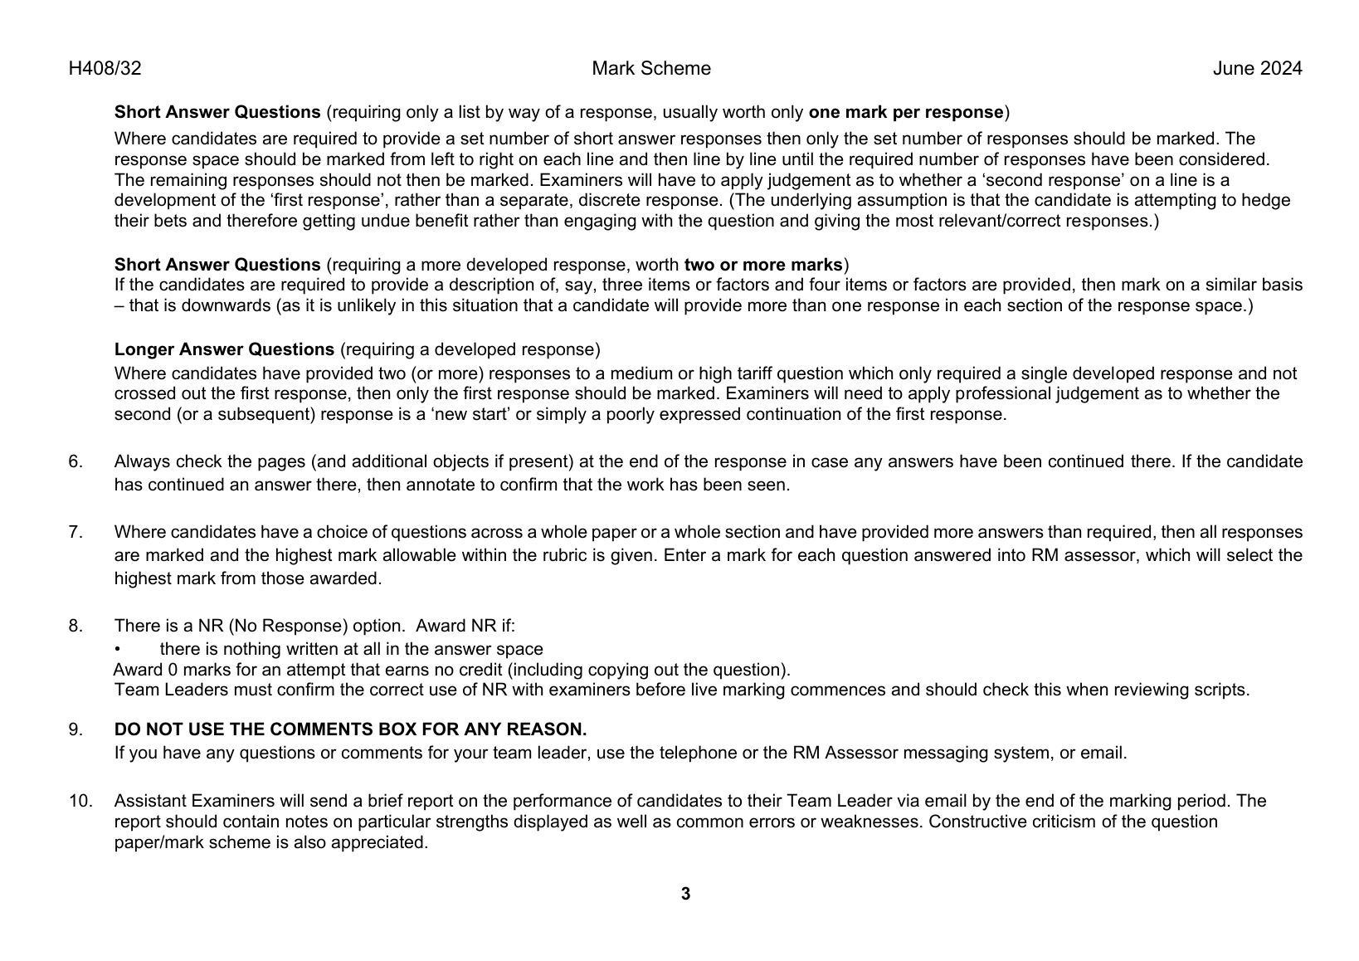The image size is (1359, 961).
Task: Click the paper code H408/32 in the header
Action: pos(105,69)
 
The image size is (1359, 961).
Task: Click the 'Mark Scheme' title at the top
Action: pos(651,69)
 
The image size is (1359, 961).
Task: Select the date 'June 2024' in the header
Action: pos(1257,69)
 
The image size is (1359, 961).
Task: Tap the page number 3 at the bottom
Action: pos(685,894)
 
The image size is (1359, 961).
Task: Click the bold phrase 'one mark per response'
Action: pos(906,112)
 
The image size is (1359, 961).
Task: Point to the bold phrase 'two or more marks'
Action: pos(762,265)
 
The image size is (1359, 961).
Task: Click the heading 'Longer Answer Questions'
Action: pos(224,349)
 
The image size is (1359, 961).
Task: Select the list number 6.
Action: pos(75,461)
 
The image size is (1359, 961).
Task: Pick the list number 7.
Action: pos(75,532)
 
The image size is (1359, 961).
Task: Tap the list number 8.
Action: pos(75,626)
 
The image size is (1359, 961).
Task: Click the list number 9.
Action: pos(75,729)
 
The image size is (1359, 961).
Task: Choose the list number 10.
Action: pos(80,801)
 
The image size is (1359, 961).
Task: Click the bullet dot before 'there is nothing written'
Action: pos(118,650)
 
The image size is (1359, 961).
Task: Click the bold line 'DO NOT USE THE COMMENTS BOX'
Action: pos(350,729)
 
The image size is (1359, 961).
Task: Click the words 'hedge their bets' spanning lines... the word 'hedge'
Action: pos(1267,200)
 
